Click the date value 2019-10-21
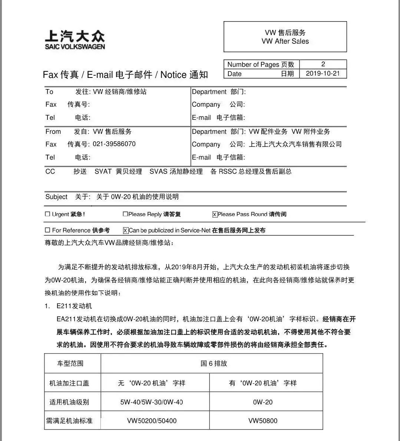(x=323, y=73)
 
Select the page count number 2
(x=323, y=64)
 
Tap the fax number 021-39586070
(x=114, y=144)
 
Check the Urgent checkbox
(x=47, y=214)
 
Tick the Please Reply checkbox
(x=125, y=214)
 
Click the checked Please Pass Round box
(x=215, y=214)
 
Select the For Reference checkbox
(x=47, y=230)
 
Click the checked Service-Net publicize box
(x=126, y=230)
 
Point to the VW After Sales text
(x=285, y=41)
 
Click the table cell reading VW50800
(x=263, y=421)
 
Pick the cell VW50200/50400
(x=152, y=421)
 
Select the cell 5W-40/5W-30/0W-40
(x=152, y=402)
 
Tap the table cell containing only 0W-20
(x=263, y=402)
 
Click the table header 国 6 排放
(x=214, y=363)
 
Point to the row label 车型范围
(x=70, y=363)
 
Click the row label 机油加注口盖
(x=69, y=383)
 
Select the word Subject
(x=56, y=197)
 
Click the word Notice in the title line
(x=173, y=75)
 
